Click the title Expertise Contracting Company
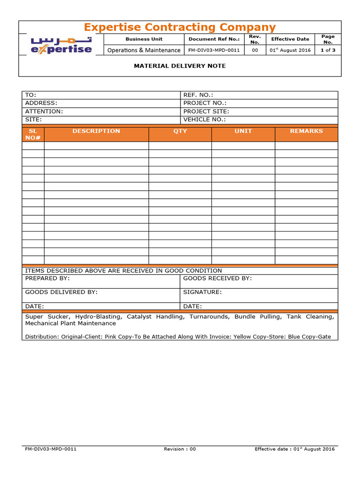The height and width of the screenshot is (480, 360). [x=180, y=27]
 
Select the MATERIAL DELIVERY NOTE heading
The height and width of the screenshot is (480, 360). [x=180, y=66]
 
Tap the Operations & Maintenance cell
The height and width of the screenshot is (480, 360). [x=144, y=50]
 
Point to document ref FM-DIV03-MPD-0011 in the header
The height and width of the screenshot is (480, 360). [x=214, y=50]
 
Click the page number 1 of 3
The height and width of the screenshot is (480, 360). [x=328, y=50]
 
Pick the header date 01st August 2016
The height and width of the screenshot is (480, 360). [x=290, y=50]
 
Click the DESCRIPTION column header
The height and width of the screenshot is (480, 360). [x=96, y=131]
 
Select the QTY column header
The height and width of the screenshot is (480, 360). [x=180, y=131]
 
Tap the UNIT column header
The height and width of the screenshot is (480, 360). [x=243, y=131]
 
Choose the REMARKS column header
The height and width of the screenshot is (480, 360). [x=306, y=131]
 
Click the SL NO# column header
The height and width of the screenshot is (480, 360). [x=33, y=134]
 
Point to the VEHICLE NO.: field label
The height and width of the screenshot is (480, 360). [x=204, y=120]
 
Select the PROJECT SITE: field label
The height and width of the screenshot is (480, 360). [x=206, y=112]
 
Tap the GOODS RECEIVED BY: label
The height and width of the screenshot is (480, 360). [x=217, y=278]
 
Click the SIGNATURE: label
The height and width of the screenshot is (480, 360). [x=202, y=292]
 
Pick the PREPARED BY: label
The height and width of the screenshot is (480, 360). [x=47, y=278]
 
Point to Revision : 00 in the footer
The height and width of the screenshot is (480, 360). [x=180, y=449]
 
